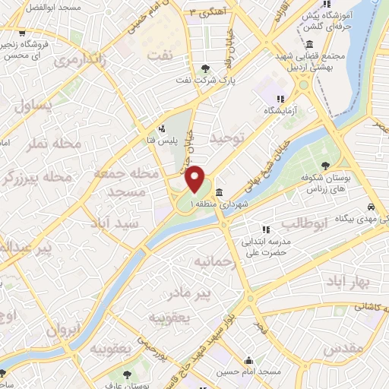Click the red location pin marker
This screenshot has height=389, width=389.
(196, 179)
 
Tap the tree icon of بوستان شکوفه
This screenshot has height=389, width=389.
(325, 165)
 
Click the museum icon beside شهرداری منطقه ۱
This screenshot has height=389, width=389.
(219, 191)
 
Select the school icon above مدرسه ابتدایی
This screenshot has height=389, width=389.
(265, 229)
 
